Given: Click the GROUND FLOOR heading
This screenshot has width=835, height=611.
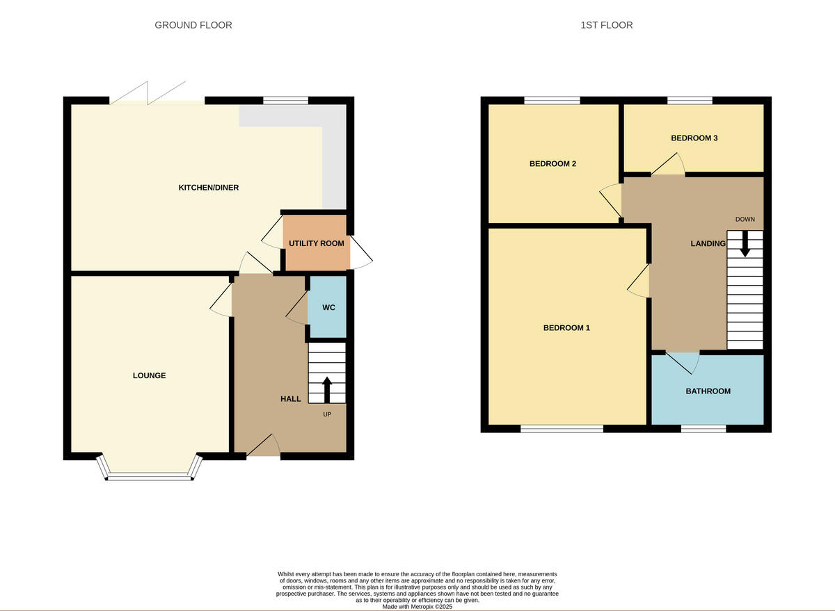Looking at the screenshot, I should [x=193, y=25].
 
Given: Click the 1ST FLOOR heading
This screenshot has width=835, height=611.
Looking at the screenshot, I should [x=606, y=25].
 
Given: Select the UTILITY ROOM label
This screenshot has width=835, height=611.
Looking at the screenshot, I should [x=317, y=243].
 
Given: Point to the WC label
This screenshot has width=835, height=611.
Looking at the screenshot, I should [x=328, y=307].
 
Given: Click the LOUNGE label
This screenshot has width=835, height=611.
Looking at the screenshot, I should [x=150, y=375].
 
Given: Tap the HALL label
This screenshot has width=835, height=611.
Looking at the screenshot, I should [x=291, y=399].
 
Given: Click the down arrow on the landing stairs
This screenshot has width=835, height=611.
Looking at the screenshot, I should [x=745, y=243].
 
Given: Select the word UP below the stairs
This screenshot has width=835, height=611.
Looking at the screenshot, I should [x=327, y=414].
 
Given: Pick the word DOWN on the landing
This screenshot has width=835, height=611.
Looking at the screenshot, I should [x=745, y=220].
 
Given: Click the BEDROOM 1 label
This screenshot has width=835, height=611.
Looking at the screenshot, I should [x=566, y=327].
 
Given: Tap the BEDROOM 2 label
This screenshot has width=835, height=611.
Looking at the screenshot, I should [x=552, y=164].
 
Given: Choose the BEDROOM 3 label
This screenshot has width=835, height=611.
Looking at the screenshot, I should [x=694, y=138].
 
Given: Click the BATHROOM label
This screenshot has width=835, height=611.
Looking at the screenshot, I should [x=708, y=391].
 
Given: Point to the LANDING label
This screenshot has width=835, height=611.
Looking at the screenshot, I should [x=708, y=243].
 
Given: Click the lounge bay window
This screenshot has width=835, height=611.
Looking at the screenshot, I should [x=150, y=476].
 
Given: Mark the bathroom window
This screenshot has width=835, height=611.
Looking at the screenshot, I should [x=703, y=429].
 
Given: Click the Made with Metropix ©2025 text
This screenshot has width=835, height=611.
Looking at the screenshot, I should [x=417, y=606].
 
